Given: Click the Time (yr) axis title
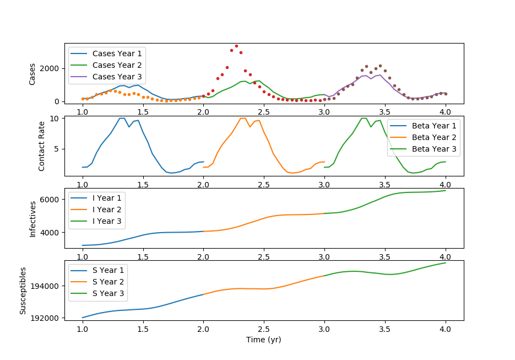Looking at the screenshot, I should [264, 340].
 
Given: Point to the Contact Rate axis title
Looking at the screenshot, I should [42, 146].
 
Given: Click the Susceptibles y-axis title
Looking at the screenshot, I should [23, 291].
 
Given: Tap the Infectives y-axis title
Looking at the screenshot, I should [32, 218].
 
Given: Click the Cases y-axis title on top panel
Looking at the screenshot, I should [32, 73].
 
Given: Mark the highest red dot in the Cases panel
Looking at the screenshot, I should [236, 46].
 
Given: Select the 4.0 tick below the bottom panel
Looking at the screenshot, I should [445, 329].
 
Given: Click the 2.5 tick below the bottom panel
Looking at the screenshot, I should [264, 329].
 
